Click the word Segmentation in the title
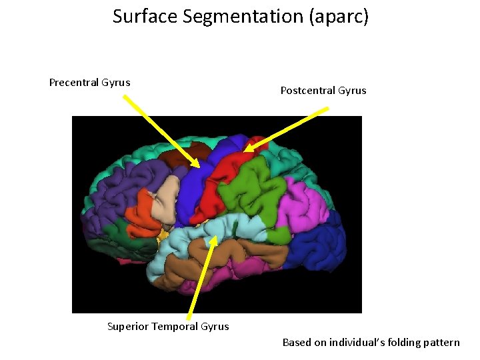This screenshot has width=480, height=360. pos(224,16)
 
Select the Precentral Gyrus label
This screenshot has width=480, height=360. pos(89,83)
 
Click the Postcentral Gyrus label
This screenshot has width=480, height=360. pos(323,91)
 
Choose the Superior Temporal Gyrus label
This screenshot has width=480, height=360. pos(168,326)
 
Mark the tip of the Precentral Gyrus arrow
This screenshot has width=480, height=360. pos(198,167)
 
